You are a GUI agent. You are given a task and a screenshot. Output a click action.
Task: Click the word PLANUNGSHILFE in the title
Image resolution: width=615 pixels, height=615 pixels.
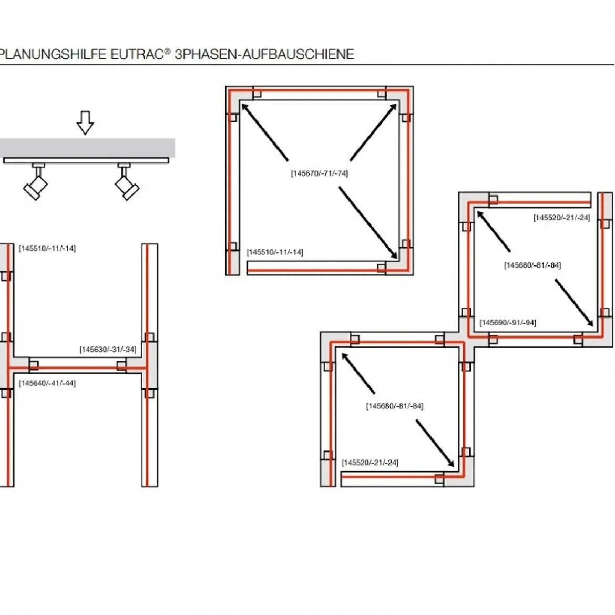tap(53, 54)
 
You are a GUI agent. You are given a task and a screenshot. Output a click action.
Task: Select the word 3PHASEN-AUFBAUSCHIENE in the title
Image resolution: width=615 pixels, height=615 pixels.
tap(264, 54)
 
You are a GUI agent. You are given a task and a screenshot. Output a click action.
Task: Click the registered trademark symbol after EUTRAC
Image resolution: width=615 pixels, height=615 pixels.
tap(168, 51)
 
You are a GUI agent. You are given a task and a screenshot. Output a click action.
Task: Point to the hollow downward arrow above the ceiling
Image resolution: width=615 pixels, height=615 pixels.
tap(85, 123)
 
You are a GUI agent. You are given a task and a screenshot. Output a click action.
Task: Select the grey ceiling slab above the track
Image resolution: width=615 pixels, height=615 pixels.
tap(87, 148)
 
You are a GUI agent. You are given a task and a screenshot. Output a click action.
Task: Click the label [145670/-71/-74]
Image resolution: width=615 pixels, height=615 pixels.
tap(319, 173)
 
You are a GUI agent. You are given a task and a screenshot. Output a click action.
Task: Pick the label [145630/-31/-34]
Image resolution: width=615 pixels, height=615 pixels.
tap(108, 349)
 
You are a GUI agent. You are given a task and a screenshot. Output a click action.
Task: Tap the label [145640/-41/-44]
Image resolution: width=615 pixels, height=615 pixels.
tap(47, 383)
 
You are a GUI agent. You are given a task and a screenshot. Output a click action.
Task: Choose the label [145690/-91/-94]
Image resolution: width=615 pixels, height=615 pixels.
tap(508, 322)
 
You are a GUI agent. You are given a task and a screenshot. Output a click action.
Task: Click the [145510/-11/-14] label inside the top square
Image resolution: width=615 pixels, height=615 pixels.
tap(274, 252)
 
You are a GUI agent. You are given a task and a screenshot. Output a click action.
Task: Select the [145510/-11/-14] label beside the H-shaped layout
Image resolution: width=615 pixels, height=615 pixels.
tap(47, 248)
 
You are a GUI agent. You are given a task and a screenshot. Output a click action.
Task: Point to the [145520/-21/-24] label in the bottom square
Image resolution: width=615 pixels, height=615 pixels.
tap(370, 463)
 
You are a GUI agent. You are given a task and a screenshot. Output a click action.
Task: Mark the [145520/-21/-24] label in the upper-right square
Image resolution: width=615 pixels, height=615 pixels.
tap(562, 218)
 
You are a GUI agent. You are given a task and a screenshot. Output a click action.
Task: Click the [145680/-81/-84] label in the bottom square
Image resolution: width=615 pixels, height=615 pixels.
tap(395, 406)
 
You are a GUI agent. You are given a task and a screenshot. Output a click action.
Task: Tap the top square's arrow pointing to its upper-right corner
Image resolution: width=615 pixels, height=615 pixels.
tap(373, 132)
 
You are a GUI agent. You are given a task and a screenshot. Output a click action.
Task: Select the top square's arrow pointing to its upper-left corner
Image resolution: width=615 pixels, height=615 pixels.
tap(265, 132)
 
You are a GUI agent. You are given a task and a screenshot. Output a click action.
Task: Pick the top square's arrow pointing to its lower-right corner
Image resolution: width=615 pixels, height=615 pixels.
tap(368, 222)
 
